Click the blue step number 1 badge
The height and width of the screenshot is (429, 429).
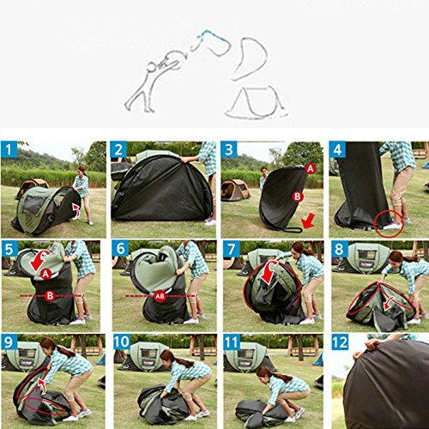coord(9,151)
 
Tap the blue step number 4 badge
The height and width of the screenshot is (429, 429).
coord(339,151)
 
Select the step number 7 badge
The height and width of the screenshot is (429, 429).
coord(229,249)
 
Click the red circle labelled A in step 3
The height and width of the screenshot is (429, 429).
coord(311,169)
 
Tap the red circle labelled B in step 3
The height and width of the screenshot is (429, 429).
coord(299,196)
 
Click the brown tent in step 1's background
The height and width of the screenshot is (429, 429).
coord(32,186)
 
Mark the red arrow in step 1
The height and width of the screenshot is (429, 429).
coord(76,208)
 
